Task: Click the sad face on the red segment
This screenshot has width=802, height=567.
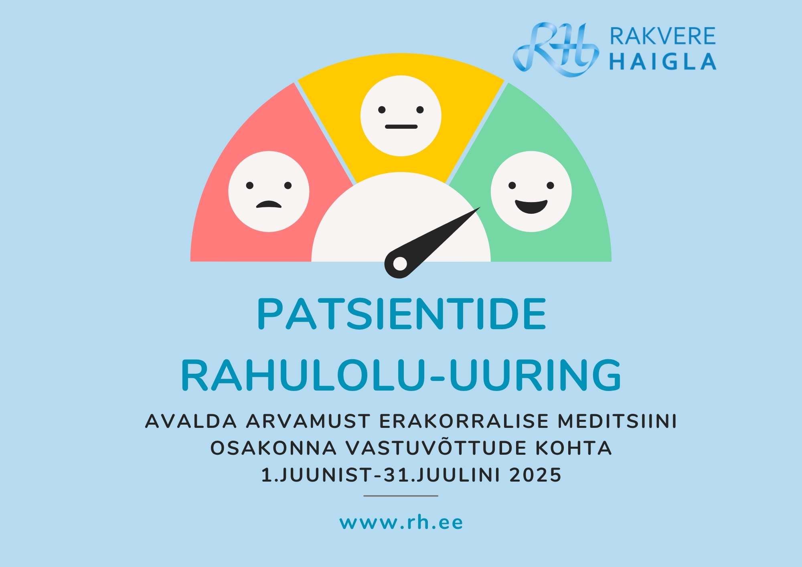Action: pyautogui.click(x=269, y=192)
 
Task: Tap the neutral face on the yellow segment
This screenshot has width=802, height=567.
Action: pyautogui.click(x=401, y=116)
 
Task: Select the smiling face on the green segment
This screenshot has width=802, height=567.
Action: pyautogui.click(x=531, y=192)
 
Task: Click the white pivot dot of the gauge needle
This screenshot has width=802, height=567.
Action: pyautogui.click(x=400, y=263)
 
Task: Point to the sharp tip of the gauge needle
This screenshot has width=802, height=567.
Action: pyautogui.click(x=480, y=208)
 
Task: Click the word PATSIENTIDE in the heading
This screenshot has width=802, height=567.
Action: pyautogui.click(x=402, y=314)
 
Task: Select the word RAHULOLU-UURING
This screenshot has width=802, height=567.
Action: pyautogui.click(x=401, y=375)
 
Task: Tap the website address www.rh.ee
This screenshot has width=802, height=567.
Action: pyautogui.click(x=401, y=522)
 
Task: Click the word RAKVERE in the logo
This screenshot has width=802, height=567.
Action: pyautogui.click(x=663, y=36)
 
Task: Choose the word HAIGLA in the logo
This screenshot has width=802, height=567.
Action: pyautogui.click(x=663, y=62)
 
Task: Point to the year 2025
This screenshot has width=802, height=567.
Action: pyautogui.click(x=535, y=475)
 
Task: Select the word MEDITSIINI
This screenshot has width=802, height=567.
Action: pyautogui.click(x=617, y=421)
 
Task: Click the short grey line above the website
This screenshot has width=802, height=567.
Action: pyautogui.click(x=401, y=496)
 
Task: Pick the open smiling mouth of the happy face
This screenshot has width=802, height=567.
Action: pyautogui.click(x=531, y=207)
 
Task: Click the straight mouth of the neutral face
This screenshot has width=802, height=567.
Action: pyautogui.click(x=401, y=127)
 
